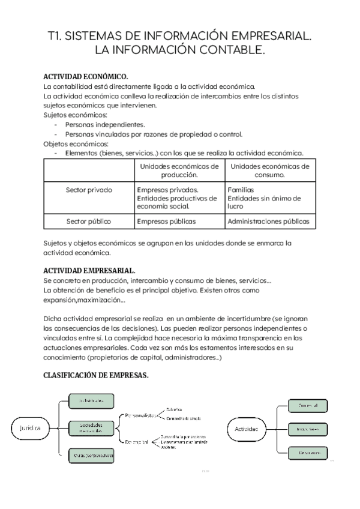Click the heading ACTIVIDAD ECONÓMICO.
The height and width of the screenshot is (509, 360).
pos(86,77)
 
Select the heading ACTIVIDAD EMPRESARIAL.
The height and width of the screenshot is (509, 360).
pos(89,271)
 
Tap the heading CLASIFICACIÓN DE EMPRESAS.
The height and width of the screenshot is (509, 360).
pos(96,375)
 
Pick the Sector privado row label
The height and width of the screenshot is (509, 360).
pos(89,190)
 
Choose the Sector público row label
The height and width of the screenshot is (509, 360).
pos(89,221)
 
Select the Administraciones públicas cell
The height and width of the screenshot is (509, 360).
pos(269,221)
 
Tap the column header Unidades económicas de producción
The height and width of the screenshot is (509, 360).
pos(179,170)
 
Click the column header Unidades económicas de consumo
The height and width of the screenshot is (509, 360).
pos(269,170)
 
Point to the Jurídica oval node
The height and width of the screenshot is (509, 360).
pos(26,428)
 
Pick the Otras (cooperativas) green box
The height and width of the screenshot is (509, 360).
pos(91,455)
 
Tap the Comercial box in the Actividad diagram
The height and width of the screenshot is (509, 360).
pos(308,406)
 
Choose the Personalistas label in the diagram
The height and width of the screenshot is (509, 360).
pos(141,415)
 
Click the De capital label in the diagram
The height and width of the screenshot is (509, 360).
pos(137,442)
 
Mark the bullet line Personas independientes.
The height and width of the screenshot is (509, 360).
pos(105,124)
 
